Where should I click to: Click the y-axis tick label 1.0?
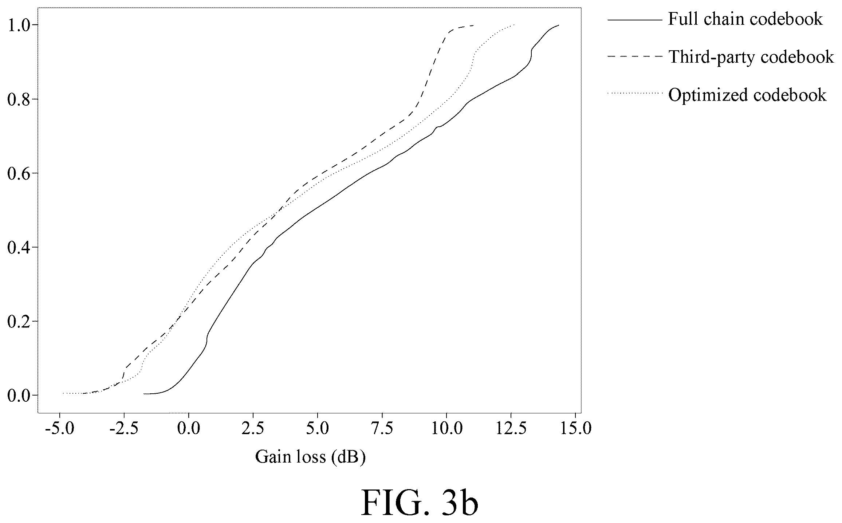point(19,25)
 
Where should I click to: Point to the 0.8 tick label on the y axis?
point(19,99)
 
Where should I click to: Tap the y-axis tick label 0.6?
point(19,173)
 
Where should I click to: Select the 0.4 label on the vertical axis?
point(19,247)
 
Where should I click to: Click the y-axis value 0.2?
point(19,321)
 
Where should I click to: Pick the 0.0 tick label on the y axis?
point(19,395)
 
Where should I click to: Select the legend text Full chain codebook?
point(745,19)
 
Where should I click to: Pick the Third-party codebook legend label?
point(751,57)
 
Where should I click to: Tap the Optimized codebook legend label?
point(747,95)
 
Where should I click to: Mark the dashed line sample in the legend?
point(634,56)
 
